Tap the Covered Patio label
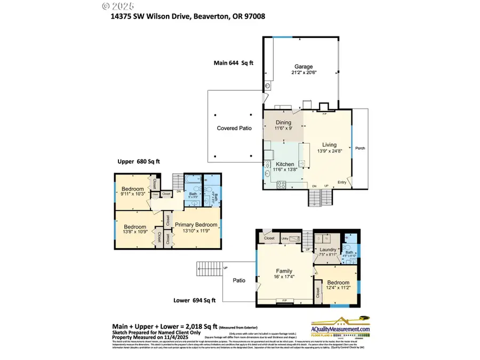(234, 129)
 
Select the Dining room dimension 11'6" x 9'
(283, 129)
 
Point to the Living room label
(329, 144)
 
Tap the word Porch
(361, 148)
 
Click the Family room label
(283, 271)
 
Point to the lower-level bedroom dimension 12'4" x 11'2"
(338, 287)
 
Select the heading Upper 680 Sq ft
(139, 161)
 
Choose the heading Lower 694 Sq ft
(195, 300)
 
